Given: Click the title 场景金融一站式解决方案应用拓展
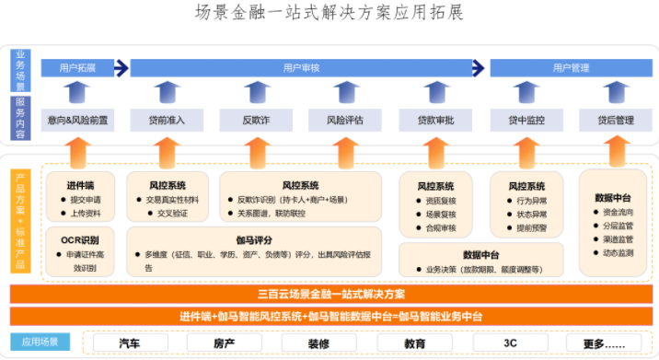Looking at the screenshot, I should coord(329,14).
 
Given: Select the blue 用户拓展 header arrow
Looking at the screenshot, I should coord(78,67).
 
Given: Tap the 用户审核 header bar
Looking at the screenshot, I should coord(301,67).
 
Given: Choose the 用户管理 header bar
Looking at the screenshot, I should coord(571,67).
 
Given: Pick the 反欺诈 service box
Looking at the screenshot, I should coord(255,120).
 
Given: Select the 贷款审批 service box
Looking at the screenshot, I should coord(435,120).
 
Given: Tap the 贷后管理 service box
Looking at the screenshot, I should coord(615,120).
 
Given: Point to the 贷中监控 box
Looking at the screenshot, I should coord(526,120).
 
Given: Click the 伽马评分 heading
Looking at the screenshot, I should coord(253,239).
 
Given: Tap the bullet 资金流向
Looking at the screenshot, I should coord(618,212).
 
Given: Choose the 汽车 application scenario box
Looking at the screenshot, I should coord(131,343).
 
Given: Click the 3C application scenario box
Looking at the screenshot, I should coord(510,343).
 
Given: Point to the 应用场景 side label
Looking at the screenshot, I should coord(40,342).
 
